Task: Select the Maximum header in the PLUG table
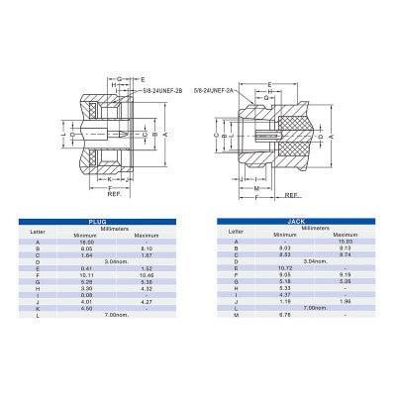click(141, 236)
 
